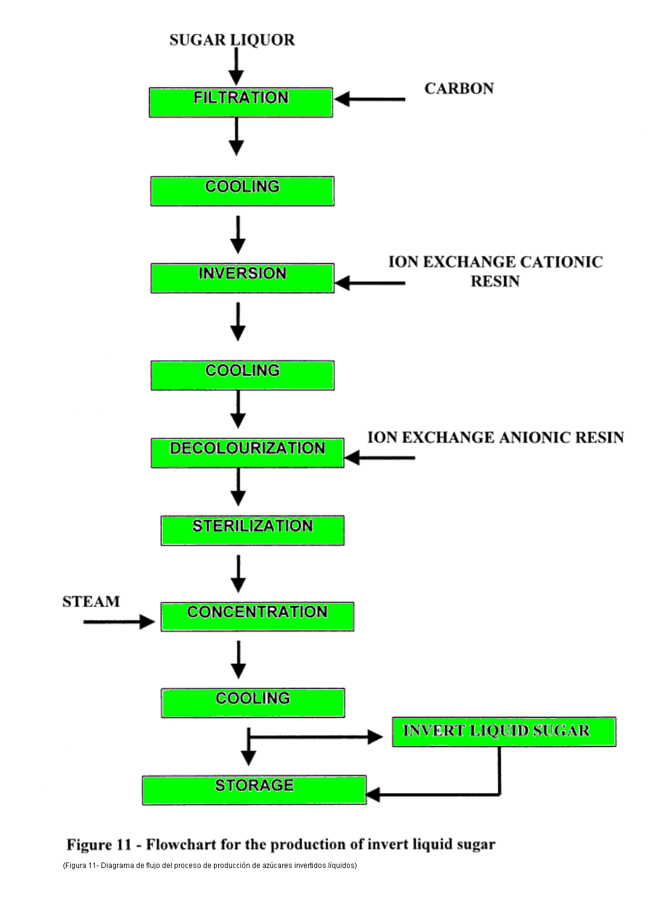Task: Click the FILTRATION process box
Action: tap(240, 102)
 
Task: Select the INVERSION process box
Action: tap(242, 278)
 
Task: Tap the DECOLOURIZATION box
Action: tap(247, 453)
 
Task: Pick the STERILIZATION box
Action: tap(252, 530)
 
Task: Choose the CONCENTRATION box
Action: tap(257, 616)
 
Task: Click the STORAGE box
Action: tap(254, 790)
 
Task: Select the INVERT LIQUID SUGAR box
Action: tap(503, 732)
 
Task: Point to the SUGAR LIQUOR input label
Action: tap(232, 40)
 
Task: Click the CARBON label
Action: tap(459, 89)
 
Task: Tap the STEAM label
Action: tap(91, 602)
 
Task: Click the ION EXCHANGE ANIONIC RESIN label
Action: tap(495, 438)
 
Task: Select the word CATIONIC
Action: tap(561, 262)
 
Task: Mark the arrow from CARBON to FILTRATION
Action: tap(370, 99)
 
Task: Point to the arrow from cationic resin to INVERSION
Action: tap(370, 282)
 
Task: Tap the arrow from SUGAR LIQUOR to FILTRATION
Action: tap(236, 66)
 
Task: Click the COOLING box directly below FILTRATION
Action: tap(242, 191)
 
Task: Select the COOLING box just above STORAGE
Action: tap(253, 703)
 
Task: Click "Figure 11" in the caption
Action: tap(98, 844)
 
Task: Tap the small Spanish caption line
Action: tap(210, 865)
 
